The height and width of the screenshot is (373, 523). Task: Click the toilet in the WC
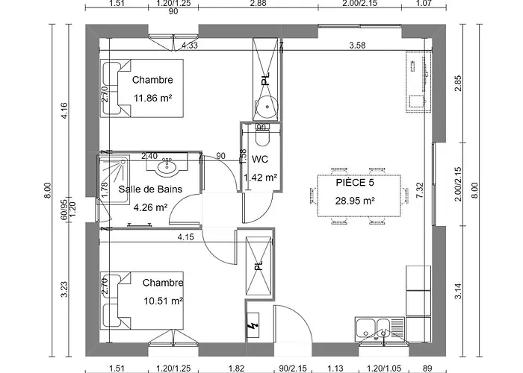tap(262, 136)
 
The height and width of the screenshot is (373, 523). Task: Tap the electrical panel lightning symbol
tap(253, 325)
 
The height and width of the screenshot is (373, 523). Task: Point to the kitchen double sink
tap(380, 329)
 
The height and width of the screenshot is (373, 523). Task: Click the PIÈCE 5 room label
tap(355, 183)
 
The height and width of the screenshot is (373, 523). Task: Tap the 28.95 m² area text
tap(355, 201)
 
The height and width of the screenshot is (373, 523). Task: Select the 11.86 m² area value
tap(152, 98)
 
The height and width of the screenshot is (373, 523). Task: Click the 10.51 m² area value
tap(164, 301)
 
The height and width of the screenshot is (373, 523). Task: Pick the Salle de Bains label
tap(150, 189)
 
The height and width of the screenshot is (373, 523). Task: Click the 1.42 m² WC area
tap(261, 178)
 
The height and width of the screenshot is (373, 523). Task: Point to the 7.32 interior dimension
tap(420, 190)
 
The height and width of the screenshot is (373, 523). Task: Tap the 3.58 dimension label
tap(357, 45)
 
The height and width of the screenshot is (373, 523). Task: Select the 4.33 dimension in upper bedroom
tap(190, 45)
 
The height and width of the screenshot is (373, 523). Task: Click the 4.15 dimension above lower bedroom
tap(186, 237)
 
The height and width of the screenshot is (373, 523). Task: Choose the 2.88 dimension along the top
tap(259, 3)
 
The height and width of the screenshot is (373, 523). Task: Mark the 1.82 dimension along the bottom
tap(237, 368)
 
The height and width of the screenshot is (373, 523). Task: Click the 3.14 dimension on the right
tap(459, 291)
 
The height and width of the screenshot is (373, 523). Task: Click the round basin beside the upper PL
tap(267, 106)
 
